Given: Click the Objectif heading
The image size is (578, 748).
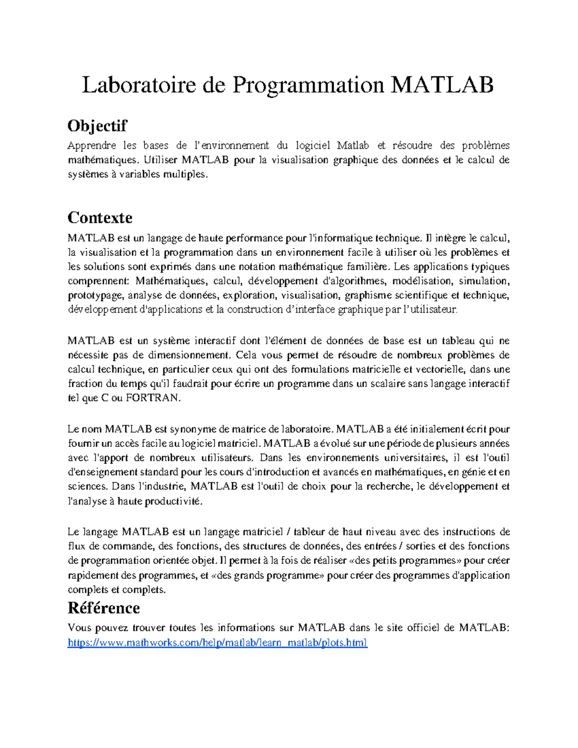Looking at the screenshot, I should [x=97, y=126].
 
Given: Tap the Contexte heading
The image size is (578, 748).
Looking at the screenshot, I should [x=100, y=218].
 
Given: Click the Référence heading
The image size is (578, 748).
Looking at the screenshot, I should [x=104, y=608].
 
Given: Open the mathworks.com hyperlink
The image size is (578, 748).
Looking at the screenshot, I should [x=217, y=643].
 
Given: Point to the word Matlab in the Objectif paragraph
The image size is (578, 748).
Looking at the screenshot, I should [x=353, y=145].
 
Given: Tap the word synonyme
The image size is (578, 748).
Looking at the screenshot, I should [x=193, y=429].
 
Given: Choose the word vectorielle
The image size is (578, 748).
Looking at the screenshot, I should [x=439, y=369].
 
